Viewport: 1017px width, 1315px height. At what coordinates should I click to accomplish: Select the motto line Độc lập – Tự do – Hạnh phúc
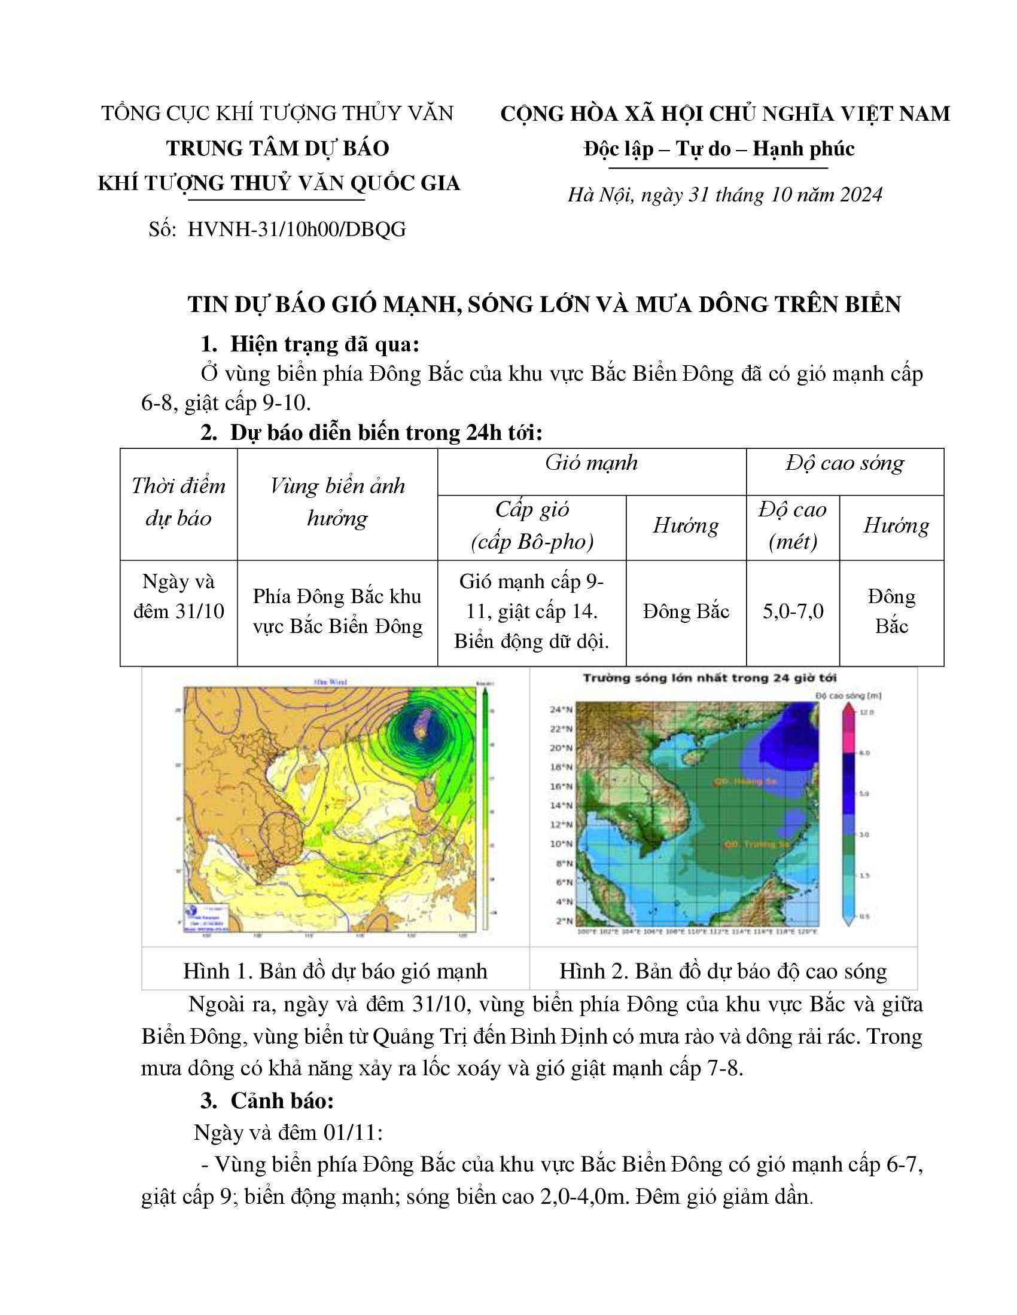[718, 148]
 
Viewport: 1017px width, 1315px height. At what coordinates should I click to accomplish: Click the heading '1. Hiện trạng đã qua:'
[310, 344]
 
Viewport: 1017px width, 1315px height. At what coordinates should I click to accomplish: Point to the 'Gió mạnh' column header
[591, 463]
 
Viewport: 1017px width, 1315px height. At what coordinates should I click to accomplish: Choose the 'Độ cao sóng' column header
[845, 463]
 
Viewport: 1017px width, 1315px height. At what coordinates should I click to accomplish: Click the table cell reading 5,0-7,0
[793, 611]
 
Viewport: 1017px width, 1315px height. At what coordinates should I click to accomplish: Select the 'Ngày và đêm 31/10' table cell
[178, 597]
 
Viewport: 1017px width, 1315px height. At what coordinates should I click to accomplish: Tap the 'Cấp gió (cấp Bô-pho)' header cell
[532, 525]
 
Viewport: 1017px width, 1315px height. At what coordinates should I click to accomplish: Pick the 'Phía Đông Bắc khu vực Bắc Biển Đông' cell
[337, 611]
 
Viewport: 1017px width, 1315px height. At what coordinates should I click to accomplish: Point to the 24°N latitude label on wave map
[560, 710]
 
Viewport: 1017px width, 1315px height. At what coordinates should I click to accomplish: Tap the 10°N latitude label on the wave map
[560, 843]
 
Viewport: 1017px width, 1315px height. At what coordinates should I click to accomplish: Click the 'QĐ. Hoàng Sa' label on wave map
[745, 782]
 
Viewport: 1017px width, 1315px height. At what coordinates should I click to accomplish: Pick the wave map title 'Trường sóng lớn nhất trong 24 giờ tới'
[709, 678]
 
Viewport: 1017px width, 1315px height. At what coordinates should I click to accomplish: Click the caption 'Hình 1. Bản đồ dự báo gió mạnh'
[335, 971]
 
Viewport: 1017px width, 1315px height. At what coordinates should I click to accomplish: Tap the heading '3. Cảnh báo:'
[267, 1100]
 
